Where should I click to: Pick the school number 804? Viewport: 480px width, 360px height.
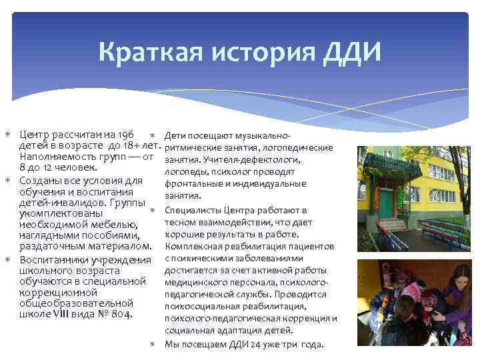pyautogui.click(x=122, y=314)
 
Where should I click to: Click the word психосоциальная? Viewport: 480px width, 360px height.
pyautogui.click(x=199, y=306)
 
